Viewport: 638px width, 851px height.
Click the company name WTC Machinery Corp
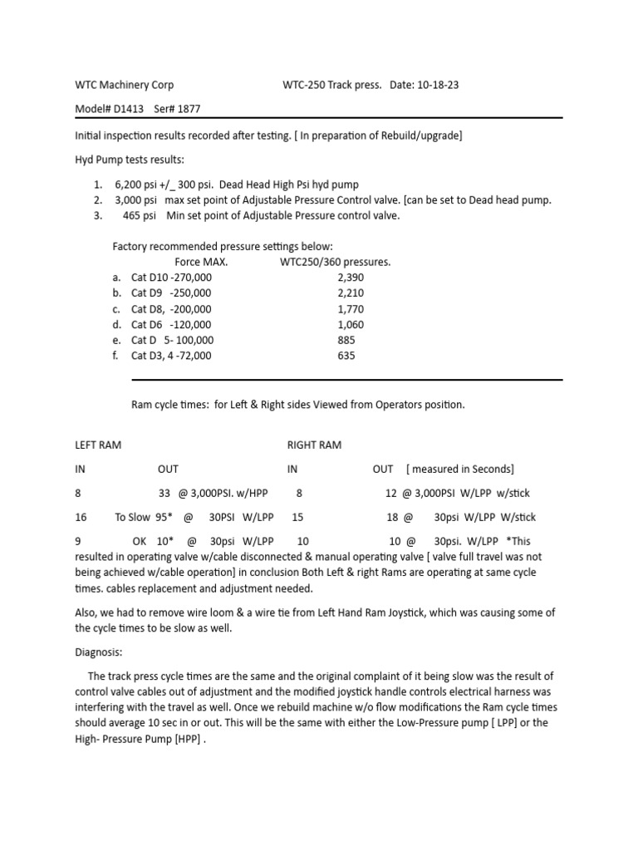125,85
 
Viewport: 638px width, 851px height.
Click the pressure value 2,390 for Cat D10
351,277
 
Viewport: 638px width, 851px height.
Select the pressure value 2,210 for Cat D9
351,293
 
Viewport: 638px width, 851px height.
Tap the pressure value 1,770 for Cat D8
351,308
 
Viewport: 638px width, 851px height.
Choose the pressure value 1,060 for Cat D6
351,324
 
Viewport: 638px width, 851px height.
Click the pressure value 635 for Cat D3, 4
346,356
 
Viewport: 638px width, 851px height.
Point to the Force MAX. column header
201,262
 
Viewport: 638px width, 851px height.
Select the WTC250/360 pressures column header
336,262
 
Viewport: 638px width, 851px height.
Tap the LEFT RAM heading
98,445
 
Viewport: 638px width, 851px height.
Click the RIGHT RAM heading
314,445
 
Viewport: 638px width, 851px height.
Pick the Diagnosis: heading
98,652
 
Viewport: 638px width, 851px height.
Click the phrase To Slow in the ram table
133,516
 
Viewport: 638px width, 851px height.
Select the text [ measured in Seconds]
460,469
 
